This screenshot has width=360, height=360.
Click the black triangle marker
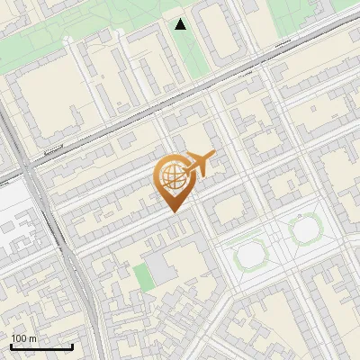181,24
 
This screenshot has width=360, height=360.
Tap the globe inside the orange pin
173,174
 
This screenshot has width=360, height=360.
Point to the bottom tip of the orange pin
173,211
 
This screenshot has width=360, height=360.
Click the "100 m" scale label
23,338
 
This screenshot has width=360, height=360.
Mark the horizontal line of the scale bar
41,347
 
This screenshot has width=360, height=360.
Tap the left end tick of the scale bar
11,346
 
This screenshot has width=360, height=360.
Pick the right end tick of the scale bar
73,346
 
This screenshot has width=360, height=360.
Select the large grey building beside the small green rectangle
163,269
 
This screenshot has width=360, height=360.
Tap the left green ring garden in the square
251,255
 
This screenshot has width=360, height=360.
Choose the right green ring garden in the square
306,229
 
